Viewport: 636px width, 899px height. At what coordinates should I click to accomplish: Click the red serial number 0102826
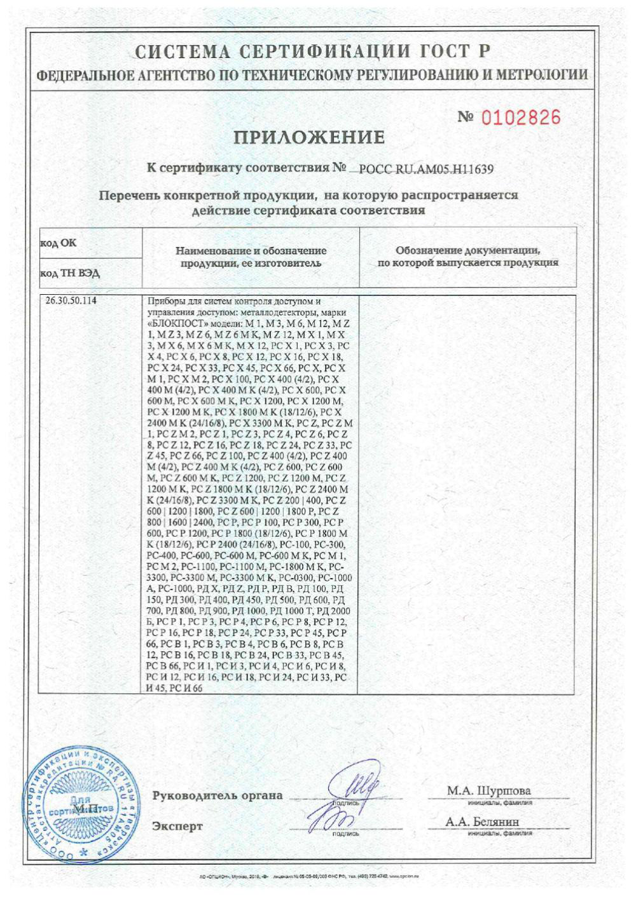click(522, 118)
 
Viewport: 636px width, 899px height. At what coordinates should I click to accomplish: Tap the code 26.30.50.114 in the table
click(72, 301)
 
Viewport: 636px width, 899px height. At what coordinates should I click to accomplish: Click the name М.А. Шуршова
click(488, 791)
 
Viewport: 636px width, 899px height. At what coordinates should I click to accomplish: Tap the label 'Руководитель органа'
click(218, 795)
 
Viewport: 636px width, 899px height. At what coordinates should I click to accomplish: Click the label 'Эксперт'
click(177, 827)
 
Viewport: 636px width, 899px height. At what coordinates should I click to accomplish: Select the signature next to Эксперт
click(331, 820)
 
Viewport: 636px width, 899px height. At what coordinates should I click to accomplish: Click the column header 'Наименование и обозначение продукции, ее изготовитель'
click(250, 257)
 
